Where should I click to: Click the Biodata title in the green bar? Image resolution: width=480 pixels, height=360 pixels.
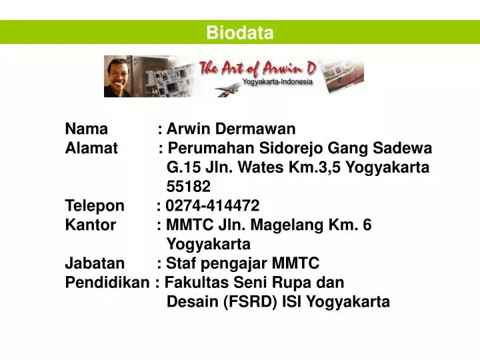239,33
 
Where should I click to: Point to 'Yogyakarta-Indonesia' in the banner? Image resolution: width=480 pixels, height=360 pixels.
277,82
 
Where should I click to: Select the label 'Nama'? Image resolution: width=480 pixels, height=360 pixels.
86,129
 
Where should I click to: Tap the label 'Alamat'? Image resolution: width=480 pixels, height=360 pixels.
91,148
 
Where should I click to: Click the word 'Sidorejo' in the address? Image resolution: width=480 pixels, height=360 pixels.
286,148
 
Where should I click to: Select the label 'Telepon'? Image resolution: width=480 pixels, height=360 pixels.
94,205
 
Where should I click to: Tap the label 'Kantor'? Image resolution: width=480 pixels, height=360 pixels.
90,225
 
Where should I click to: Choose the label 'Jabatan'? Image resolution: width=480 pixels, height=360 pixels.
94,263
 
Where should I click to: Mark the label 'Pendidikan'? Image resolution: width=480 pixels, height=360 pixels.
107,282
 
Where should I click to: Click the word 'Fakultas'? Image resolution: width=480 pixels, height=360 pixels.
194,282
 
